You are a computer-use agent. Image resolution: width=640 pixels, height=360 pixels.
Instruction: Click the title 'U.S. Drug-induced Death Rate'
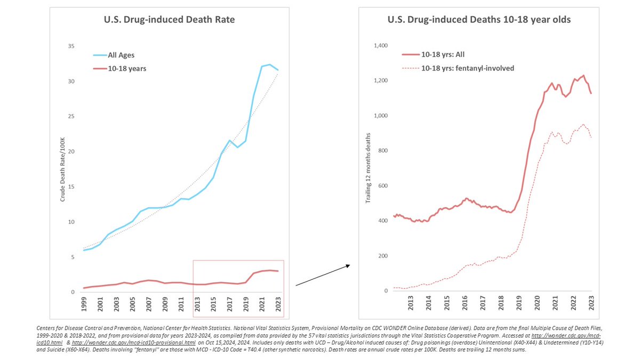pos(169,20)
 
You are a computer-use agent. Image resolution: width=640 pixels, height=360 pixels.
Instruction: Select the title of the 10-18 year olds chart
pos(478,20)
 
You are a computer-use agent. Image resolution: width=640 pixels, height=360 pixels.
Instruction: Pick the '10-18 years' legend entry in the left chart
pos(127,68)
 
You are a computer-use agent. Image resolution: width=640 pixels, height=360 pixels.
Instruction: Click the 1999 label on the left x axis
pos(84,306)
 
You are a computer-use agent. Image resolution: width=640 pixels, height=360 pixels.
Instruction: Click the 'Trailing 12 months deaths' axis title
pos(367,169)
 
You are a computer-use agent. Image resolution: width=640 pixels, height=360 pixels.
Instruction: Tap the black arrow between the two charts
pos(322,275)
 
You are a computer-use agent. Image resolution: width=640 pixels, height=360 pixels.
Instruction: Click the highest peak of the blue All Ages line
pos(270,65)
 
